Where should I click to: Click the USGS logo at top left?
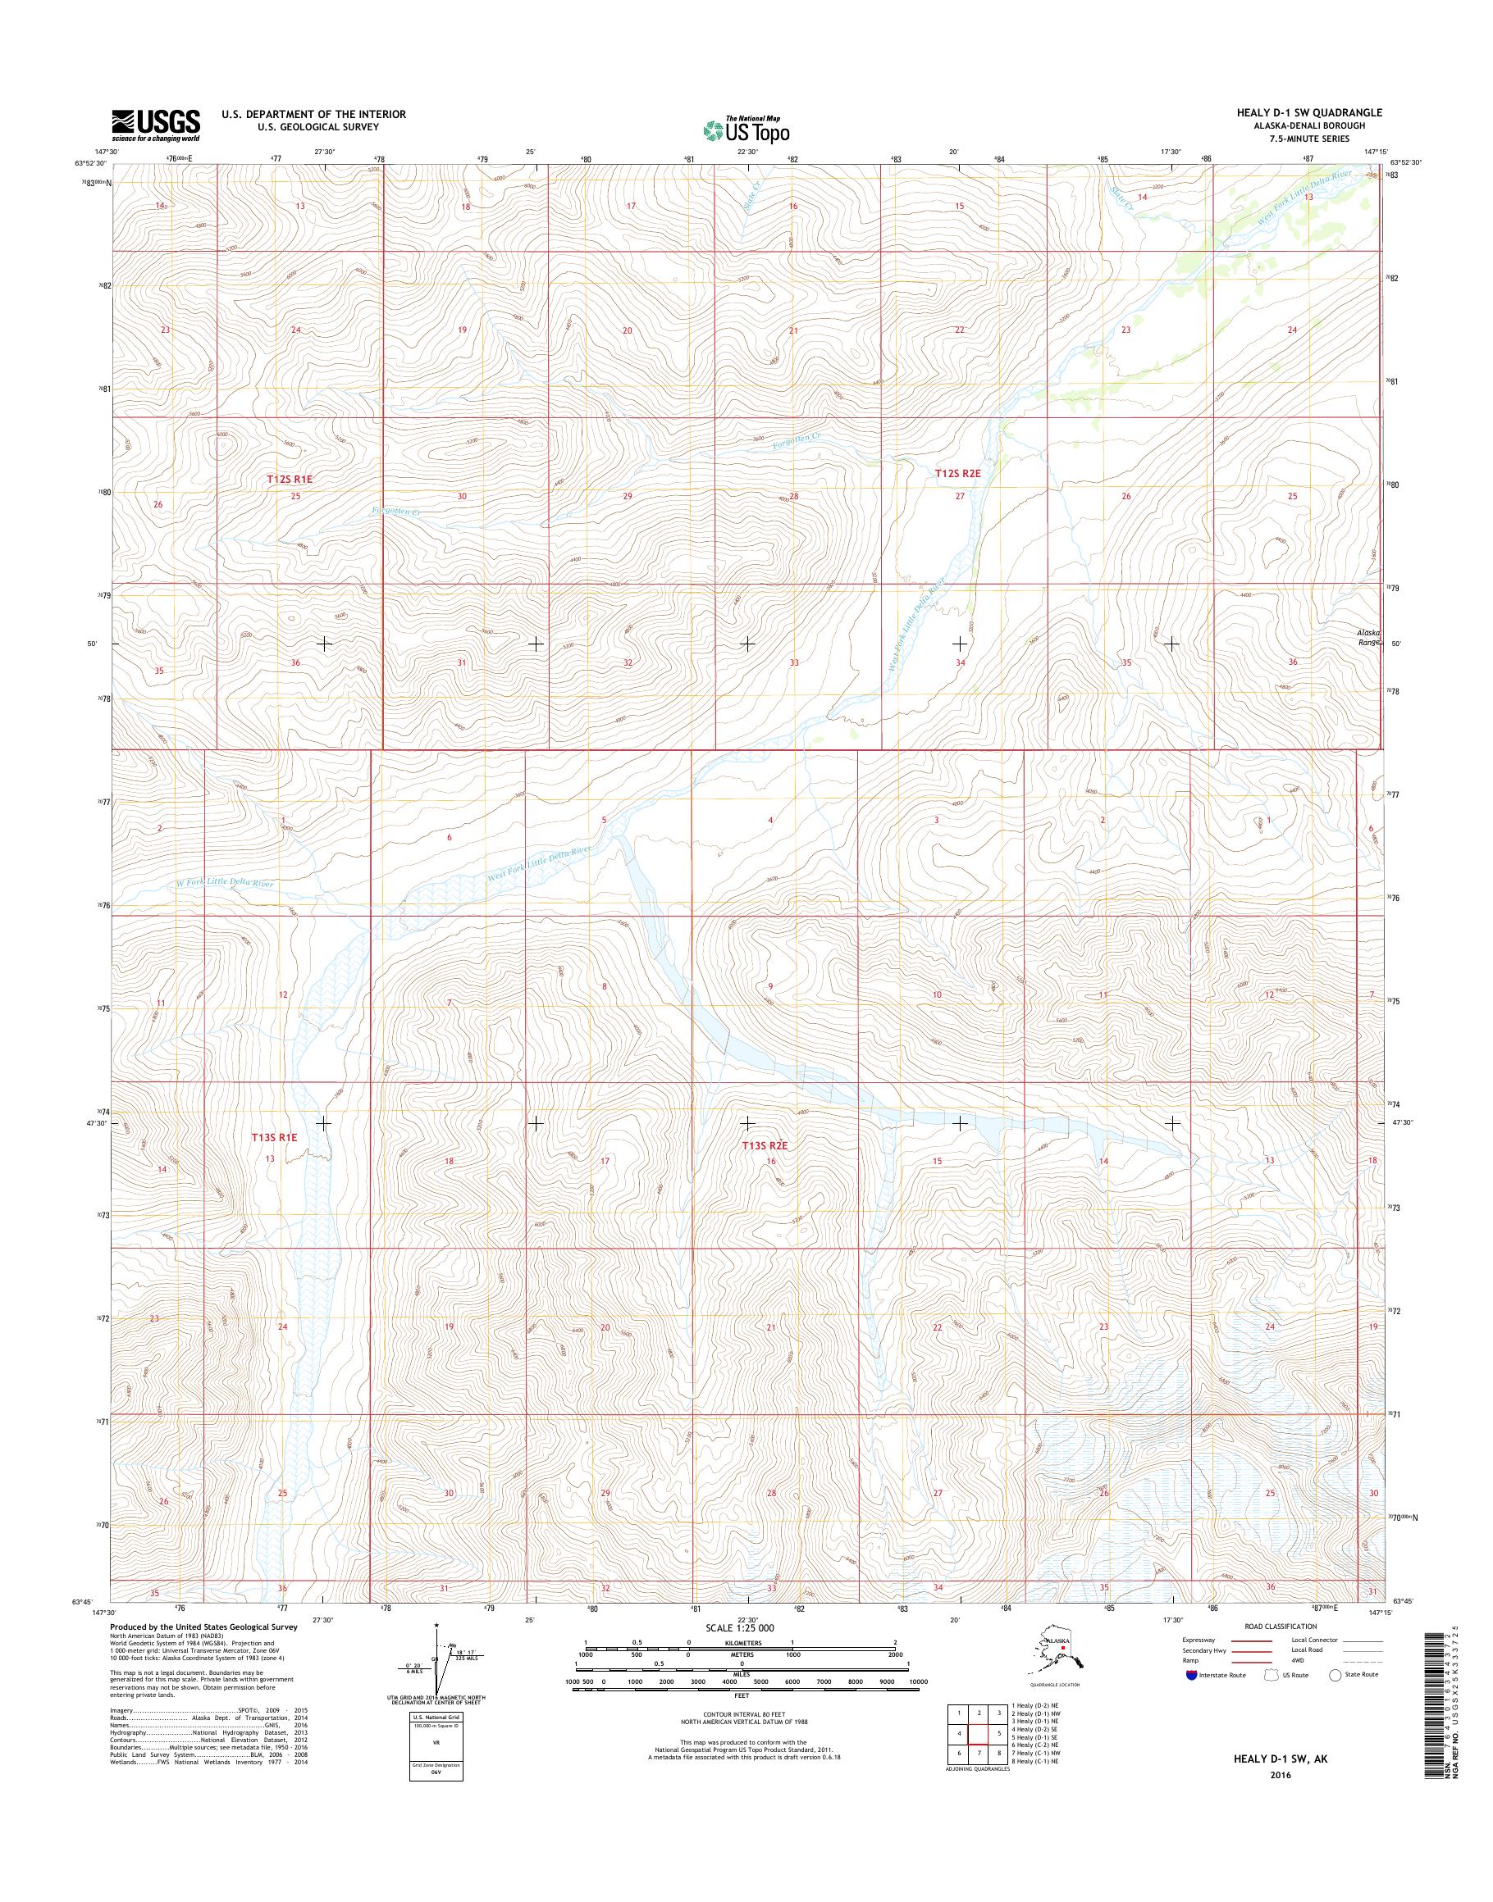[155, 125]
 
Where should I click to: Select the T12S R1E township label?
[290, 480]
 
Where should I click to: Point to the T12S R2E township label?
[958, 473]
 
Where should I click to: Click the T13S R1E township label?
[276, 1138]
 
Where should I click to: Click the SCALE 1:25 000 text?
[738, 1628]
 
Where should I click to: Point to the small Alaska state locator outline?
[1054, 1650]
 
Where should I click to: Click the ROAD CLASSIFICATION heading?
[1275, 1626]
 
